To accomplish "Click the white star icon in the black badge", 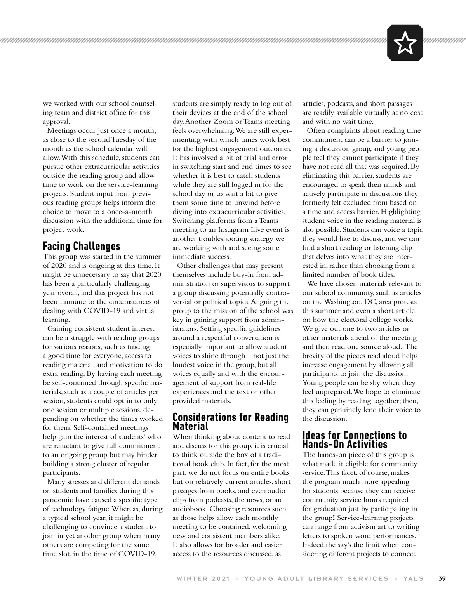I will coord(405,43).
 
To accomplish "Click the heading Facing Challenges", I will coord(82,246).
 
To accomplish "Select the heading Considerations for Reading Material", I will coord(230,422).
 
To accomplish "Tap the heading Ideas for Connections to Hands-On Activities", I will coord(354,439).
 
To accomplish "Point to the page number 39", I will coord(442,578).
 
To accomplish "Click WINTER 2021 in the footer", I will coord(203,578).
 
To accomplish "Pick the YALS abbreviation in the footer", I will coord(414,578).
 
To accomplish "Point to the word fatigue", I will coord(96,509).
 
